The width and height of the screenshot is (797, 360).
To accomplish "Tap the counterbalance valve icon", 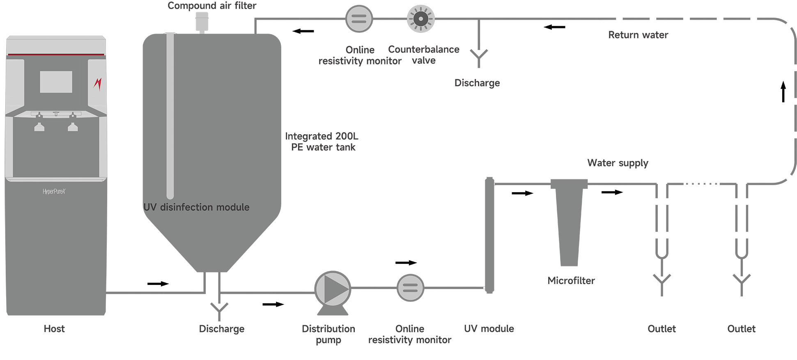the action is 420,19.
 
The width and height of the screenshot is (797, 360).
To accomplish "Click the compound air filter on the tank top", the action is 202,22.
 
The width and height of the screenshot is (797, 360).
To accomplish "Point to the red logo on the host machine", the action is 98,84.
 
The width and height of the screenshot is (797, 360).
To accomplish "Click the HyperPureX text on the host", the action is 54,192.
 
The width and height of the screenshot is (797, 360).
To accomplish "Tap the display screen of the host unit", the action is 56,82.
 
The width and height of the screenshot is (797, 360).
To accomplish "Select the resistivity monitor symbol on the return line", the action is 359,19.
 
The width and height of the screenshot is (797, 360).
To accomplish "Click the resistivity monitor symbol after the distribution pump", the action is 410,288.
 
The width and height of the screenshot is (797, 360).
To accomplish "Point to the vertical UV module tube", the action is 489,235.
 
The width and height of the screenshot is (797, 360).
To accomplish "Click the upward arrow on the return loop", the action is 783,92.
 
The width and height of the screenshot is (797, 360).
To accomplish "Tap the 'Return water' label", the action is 638,35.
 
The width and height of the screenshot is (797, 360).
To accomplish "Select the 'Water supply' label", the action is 618,163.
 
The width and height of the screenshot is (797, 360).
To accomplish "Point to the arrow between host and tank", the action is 158,284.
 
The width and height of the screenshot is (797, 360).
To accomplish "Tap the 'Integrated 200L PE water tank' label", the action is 322,142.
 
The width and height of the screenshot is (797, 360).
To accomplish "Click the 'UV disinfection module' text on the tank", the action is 196,207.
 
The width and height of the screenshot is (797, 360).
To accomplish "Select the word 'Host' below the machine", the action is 54,329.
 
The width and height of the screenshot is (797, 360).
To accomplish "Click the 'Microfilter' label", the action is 571,281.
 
